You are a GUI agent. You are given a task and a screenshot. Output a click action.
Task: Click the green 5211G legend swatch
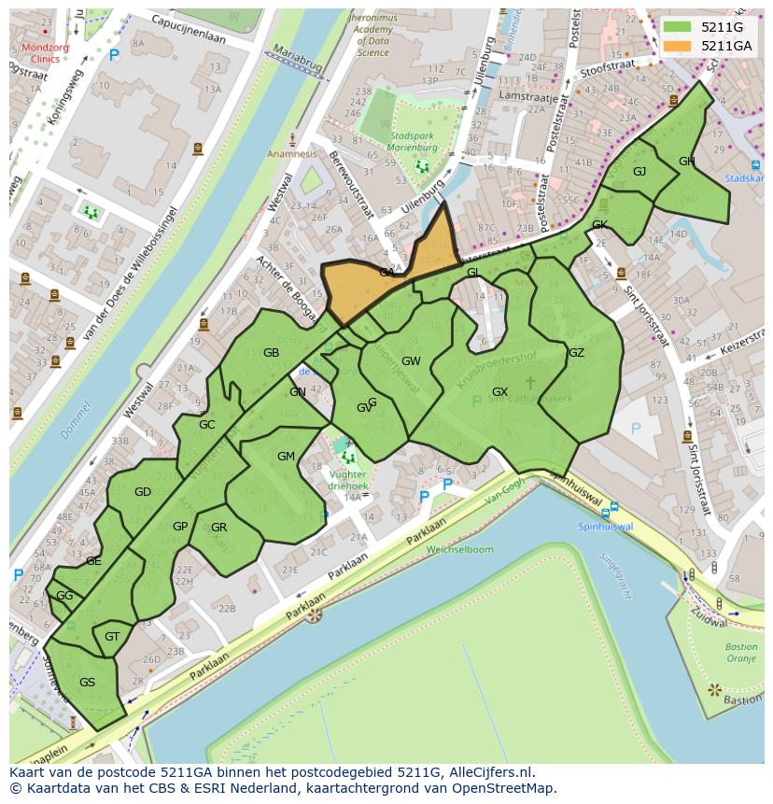[679, 27]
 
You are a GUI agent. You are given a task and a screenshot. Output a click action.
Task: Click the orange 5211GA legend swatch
[679, 46]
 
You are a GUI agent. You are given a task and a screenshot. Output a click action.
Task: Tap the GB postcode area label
[271, 353]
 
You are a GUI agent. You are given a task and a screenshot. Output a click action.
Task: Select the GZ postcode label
[576, 353]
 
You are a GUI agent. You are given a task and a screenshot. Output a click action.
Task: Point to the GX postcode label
[499, 392]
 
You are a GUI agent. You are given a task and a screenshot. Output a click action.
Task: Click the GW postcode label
[411, 361]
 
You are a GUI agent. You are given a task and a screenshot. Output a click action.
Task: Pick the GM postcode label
[286, 457]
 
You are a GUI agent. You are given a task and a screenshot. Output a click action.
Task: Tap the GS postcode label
[87, 683]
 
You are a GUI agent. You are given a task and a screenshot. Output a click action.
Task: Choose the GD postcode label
[143, 492]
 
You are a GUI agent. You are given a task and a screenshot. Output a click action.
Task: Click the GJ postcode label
[639, 172]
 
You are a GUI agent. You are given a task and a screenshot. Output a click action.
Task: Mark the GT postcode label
[112, 637]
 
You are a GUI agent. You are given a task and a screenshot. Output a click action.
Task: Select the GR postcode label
[218, 528]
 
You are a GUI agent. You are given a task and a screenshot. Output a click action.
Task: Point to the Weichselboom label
[459, 550]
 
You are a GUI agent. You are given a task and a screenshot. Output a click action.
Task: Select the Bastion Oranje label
[740, 653]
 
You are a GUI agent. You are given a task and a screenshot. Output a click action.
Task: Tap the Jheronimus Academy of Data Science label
[372, 35]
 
